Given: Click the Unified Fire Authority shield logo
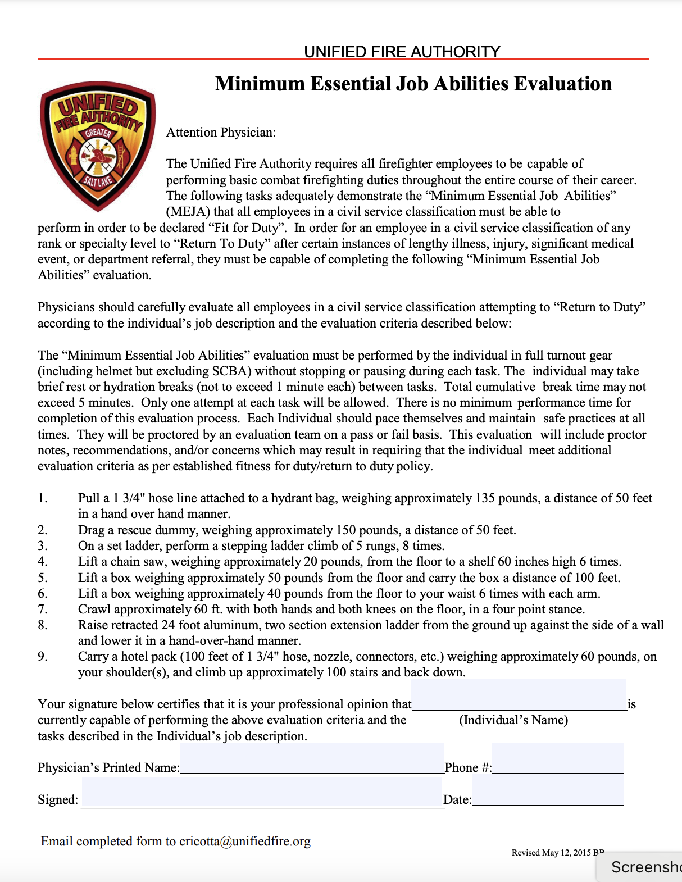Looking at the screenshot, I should tap(98, 146).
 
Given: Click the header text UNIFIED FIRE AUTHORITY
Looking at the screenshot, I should tap(402, 52).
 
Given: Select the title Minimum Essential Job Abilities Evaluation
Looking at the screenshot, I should tap(413, 84).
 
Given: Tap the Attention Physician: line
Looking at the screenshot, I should tap(221, 133).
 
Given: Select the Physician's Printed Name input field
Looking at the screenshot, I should tap(312, 759).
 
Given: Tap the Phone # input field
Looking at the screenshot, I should tap(557, 759).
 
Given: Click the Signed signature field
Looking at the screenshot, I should tap(262, 792).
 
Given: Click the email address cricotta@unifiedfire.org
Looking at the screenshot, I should tap(245, 842).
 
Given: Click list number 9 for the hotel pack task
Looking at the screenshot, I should tap(43, 657).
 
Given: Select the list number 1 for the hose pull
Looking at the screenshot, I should tap(43, 498).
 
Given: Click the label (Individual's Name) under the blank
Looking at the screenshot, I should tap(513, 720).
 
